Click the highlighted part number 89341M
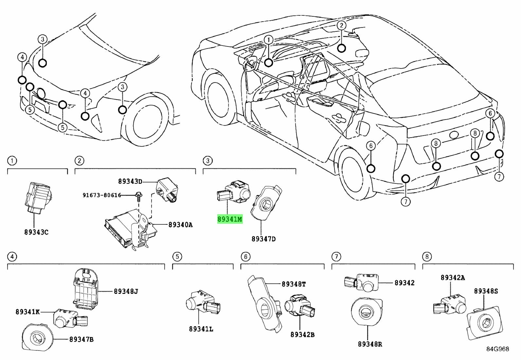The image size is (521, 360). click(230, 219)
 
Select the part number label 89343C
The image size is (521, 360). click(36, 232)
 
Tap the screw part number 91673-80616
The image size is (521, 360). click(102, 195)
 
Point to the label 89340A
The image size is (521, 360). click(180, 225)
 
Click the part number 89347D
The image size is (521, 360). click(263, 239)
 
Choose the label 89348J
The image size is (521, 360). click(126, 291)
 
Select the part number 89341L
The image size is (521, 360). click(201, 329)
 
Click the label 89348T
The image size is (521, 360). click(294, 284)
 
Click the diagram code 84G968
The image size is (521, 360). click(497, 349)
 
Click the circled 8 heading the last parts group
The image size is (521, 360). click(427, 256)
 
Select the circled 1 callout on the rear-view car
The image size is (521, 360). click(268, 40)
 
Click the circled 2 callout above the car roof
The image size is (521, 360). click(341, 25)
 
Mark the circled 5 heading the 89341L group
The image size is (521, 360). click(177, 256)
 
